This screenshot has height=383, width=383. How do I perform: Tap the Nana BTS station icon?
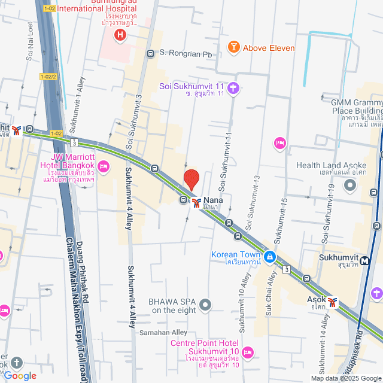[196, 202]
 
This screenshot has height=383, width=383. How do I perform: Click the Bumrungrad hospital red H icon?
[120, 35]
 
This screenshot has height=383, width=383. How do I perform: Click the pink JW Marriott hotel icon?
[104, 165]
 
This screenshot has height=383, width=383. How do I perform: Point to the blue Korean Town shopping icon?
[270, 257]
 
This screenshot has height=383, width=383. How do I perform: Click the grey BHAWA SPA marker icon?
[206, 305]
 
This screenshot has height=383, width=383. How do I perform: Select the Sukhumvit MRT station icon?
[365, 260]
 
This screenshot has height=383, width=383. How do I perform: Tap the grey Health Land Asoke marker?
[350, 186]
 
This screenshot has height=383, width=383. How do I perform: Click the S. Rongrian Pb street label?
[186, 54]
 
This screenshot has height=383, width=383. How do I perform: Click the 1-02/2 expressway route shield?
[48, 77]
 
